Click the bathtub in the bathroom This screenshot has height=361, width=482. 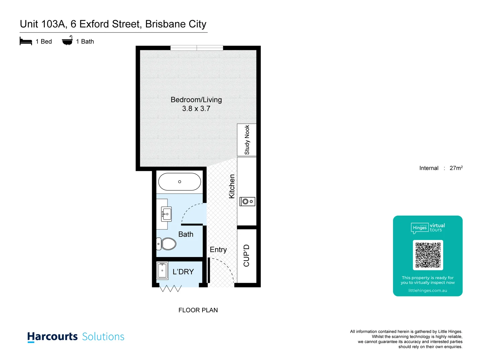179,182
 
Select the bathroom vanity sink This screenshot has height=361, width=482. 166,214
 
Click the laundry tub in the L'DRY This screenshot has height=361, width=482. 162,270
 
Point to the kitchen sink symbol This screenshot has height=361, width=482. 247,201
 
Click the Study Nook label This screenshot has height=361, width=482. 247,140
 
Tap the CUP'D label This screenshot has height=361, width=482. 247,255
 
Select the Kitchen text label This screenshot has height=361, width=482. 232,186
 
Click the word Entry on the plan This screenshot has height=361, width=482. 218,250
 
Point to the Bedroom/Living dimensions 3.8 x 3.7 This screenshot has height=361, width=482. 196,109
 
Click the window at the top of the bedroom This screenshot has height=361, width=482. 197,48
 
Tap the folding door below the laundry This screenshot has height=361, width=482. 170,288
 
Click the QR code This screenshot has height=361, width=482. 428,255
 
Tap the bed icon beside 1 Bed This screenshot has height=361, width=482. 26,41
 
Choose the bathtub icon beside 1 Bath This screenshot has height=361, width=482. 67,41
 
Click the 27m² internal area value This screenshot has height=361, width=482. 456,168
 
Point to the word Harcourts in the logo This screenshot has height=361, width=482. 53,336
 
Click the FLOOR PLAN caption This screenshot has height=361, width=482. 198,310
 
